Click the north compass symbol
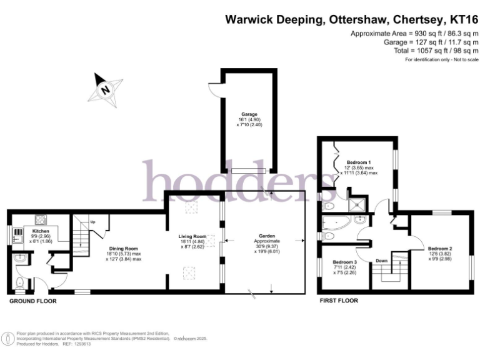tap(105, 88)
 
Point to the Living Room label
tap(192, 236)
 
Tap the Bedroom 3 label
tap(345, 262)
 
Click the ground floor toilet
tap(19, 284)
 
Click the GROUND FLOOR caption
tap(32, 301)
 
